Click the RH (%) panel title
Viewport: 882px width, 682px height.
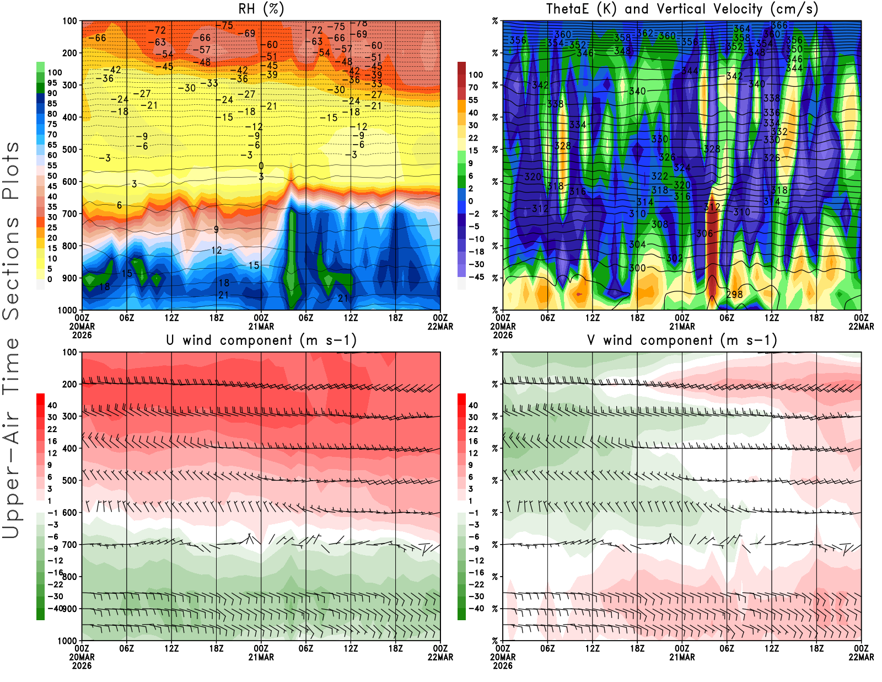261,9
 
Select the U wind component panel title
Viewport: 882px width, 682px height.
261,340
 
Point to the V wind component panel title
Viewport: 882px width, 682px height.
682,340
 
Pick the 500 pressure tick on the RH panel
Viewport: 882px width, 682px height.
70,150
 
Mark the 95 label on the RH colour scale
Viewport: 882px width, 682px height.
52,83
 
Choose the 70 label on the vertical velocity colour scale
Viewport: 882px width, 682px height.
473,87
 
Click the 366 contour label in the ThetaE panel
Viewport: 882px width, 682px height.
779,25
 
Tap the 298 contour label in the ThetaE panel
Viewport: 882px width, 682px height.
734,295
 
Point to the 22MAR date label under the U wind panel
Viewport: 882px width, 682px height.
440,657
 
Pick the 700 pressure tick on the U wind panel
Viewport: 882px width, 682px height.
70,545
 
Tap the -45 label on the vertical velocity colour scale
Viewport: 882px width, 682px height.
476,277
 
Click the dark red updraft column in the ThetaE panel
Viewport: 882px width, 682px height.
712,243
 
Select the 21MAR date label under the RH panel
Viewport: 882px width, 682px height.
261,327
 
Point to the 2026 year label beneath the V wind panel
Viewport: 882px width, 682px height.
503,665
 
